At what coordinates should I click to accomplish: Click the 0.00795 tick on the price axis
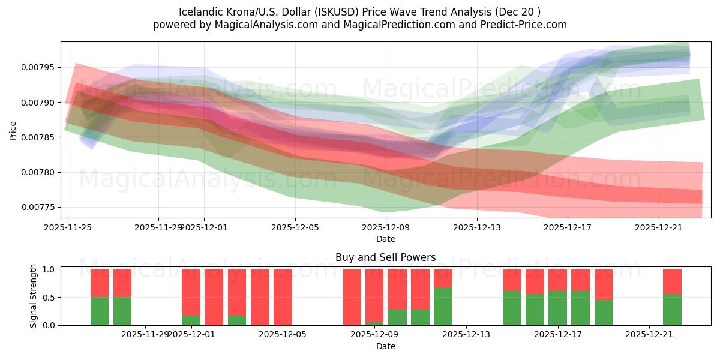(38, 67)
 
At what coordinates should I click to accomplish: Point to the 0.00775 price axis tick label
(38, 208)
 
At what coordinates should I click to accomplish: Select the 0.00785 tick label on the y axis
(38, 137)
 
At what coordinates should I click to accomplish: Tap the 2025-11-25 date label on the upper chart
(68, 227)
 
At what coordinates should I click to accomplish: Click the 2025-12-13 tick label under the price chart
(476, 227)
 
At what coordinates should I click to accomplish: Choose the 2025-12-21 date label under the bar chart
(650, 335)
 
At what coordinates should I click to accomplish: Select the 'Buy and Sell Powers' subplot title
(385, 257)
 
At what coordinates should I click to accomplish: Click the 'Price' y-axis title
(13, 130)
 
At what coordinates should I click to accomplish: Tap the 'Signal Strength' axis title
(34, 296)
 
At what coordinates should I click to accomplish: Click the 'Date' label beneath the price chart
(385, 239)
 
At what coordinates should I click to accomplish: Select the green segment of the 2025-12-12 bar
(443, 306)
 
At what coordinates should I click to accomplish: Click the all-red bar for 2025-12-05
(283, 297)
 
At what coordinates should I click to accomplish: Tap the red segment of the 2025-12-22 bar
(672, 281)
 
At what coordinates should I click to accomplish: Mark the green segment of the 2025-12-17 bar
(557, 308)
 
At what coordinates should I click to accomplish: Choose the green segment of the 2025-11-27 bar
(122, 311)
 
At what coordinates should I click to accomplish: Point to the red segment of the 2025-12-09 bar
(374, 295)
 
